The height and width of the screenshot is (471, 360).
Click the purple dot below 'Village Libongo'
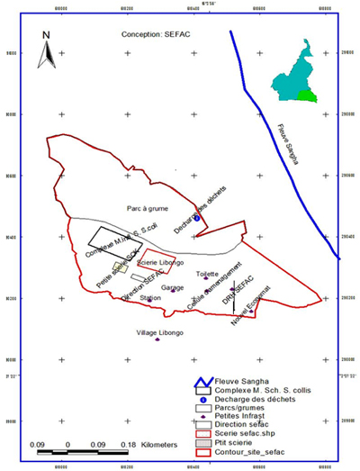pos(157,340)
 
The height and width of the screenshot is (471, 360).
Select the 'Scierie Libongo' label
pos(161,262)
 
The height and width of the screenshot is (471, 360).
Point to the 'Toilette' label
pos(207,273)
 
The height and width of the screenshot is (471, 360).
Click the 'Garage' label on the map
pos(172,287)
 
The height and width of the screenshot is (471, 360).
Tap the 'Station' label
pos(150,297)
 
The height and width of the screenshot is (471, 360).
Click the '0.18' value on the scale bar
pos(127,445)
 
